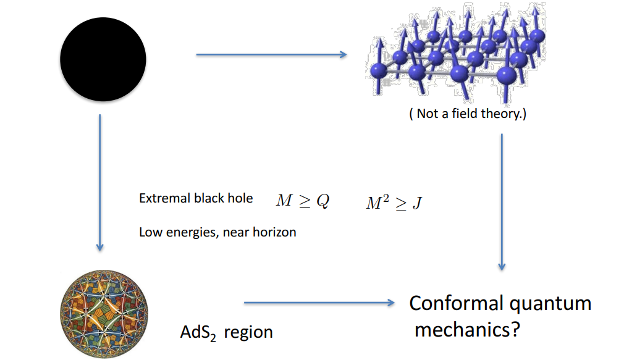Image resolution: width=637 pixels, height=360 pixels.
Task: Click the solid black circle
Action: coord(103,59)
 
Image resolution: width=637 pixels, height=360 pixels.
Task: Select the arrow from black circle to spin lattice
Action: coord(271,55)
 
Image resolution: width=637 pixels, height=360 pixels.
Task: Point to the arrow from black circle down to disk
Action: coord(99,182)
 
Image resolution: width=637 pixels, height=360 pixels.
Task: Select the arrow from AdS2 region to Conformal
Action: coord(319,303)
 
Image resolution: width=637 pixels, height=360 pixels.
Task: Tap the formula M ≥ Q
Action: coord(302,201)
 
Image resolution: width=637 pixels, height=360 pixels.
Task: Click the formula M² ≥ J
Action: coord(394,204)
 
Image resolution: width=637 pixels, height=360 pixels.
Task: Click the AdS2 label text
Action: coord(198,333)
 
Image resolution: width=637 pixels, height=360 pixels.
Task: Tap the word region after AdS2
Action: coord(248,333)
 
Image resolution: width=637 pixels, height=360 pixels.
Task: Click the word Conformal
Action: coord(456,304)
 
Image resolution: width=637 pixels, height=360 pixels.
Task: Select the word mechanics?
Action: coord(467,330)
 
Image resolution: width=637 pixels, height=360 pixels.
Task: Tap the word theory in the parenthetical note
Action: coord(504,114)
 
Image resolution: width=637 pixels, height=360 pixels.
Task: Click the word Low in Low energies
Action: coord(149,233)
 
